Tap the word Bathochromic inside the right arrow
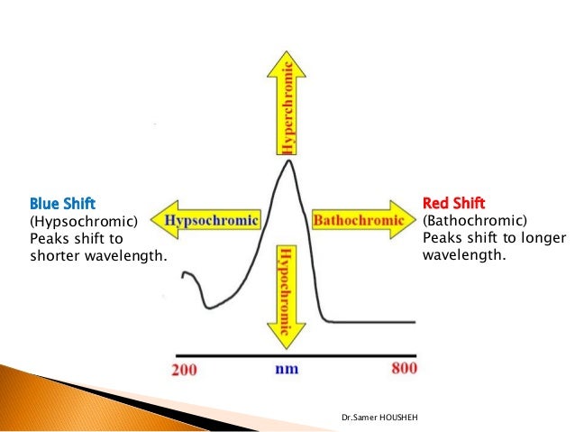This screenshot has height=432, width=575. click(358, 219)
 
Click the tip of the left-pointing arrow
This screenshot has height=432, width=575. click(153, 219)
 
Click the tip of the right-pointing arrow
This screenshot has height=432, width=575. click(417, 219)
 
